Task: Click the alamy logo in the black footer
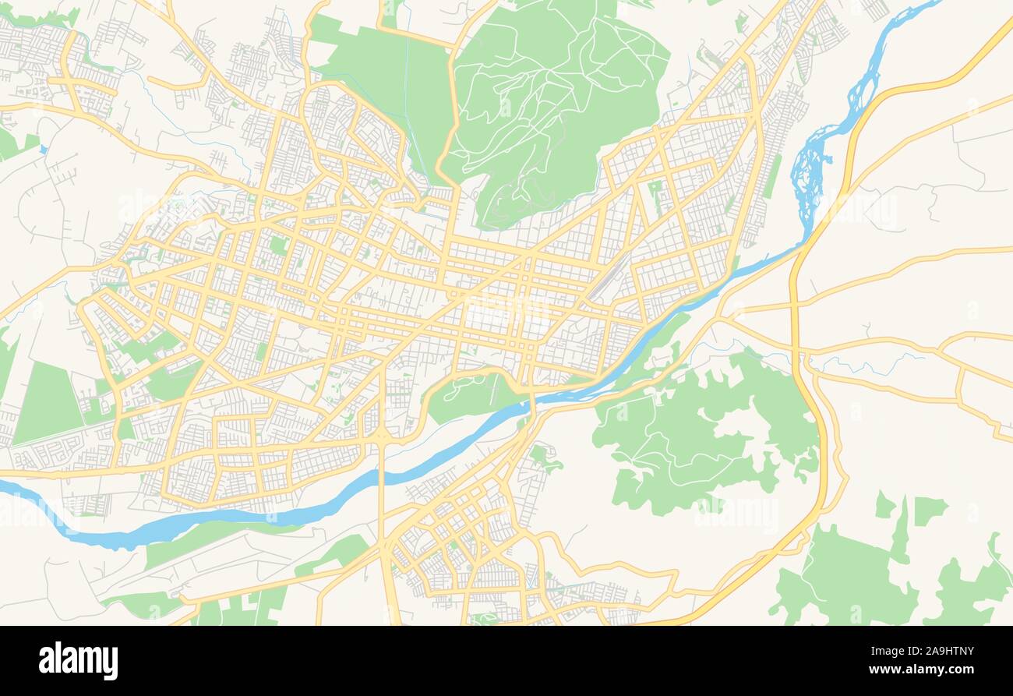click(78, 660)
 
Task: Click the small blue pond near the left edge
click(43, 148)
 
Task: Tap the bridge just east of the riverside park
click(533, 401)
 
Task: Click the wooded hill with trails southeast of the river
click(701, 436)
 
